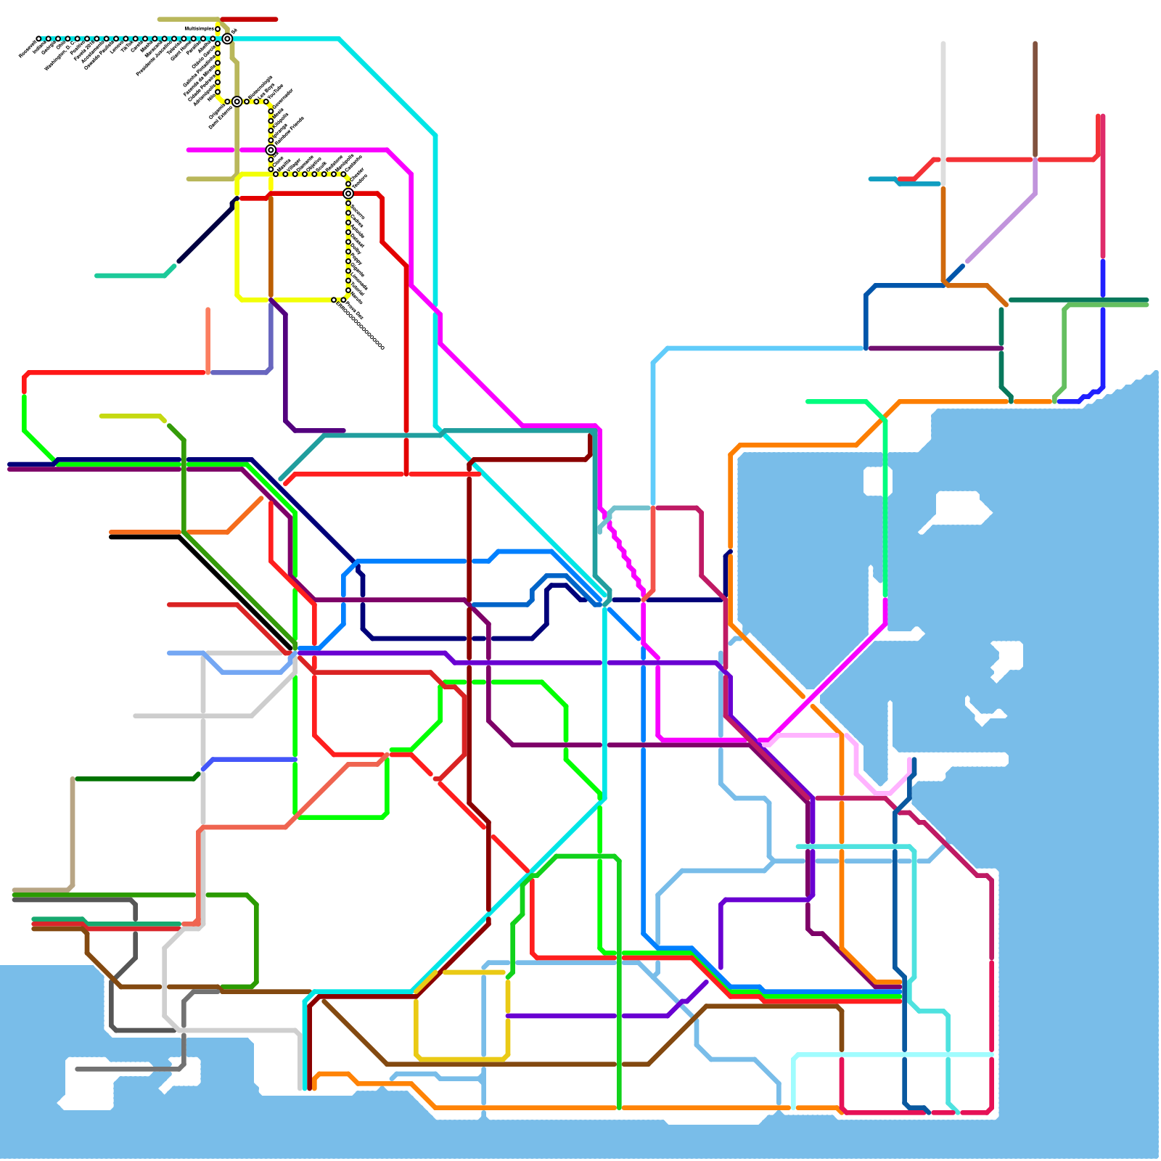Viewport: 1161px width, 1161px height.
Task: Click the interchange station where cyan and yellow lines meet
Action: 227,38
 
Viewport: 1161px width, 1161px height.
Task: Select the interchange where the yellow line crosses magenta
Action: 271,150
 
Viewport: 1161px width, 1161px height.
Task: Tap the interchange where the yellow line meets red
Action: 348,194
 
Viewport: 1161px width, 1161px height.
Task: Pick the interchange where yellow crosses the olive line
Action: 237,102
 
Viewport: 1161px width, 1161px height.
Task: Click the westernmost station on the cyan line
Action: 38,38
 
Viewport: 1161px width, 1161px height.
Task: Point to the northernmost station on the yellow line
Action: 218,29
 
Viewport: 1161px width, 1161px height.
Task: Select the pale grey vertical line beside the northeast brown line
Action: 943,109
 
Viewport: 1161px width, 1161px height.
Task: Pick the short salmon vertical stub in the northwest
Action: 208,337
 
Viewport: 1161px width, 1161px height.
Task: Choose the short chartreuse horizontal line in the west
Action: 131,417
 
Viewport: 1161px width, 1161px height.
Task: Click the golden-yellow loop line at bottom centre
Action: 461,1058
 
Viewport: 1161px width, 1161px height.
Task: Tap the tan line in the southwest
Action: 73,834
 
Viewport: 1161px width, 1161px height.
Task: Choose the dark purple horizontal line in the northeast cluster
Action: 936,348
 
